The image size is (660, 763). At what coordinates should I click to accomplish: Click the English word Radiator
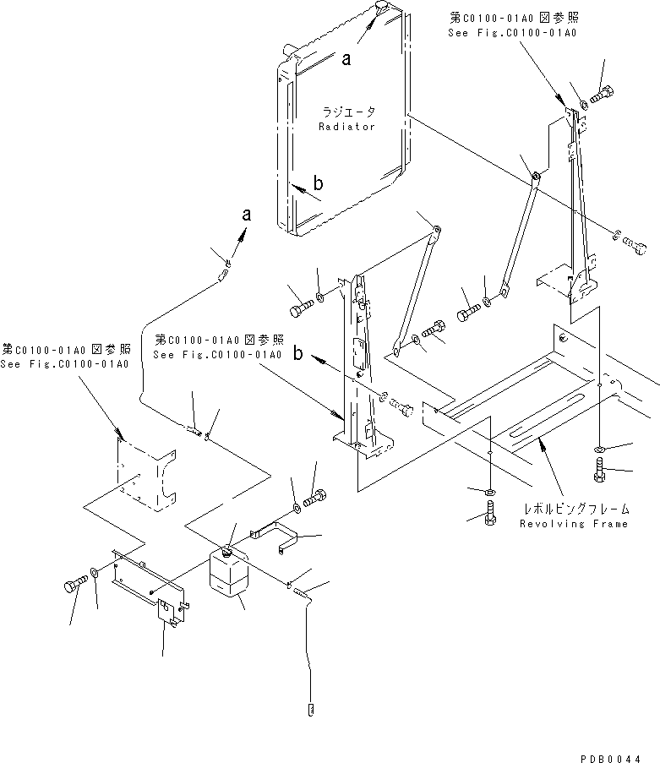tap(346, 126)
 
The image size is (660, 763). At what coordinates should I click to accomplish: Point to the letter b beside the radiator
tap(319, 183)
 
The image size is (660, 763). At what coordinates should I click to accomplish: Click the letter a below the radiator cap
tap(346, 60)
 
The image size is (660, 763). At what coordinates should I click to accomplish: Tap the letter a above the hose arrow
tap(246, 215)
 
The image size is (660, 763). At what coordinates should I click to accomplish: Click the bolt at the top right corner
tap(603, 94)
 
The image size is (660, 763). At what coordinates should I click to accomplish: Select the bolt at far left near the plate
tap(74, 586)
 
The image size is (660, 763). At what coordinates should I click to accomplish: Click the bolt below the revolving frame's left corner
tap(491, 510)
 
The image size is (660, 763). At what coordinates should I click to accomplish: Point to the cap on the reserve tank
tap(228, 550)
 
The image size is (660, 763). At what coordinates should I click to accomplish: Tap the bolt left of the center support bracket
tap(300, 310)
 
